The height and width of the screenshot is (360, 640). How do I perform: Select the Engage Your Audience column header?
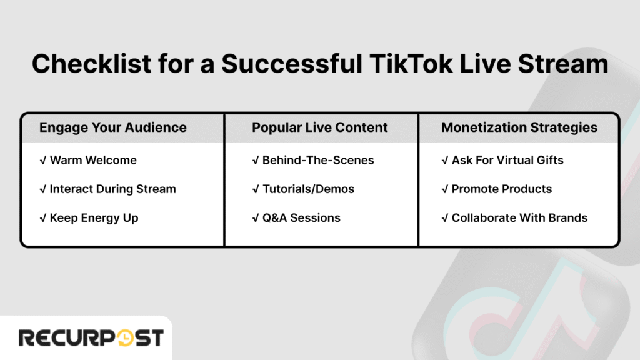coord(112,127)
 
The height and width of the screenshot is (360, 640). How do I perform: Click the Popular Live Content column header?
coord(319,127)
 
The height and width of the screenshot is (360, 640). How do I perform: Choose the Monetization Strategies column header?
coord(519,127)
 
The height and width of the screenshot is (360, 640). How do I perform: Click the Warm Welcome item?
coord(93,160)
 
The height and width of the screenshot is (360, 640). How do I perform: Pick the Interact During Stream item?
coord(112,189)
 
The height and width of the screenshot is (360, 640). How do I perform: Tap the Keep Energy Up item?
coord(94,218)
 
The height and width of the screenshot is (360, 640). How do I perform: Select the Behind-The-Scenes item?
coord(318,160)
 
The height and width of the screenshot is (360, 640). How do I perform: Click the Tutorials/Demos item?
coord(308,189)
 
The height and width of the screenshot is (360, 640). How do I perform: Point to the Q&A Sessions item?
coord(301,218)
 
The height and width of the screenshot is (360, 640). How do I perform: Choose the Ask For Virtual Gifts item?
coord(507,160)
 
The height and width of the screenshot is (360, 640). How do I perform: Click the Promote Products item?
coord(502,189)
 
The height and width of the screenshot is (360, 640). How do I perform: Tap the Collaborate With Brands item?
coord(519,218)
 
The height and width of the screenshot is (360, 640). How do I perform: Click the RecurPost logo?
coord(91,338)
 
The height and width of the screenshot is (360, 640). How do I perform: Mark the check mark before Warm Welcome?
coord(42,160)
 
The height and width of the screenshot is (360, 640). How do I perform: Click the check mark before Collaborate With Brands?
coord(444,218)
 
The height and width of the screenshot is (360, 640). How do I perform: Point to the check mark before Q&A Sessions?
coord(255,218)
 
